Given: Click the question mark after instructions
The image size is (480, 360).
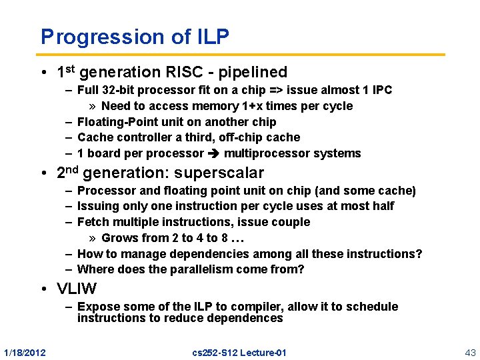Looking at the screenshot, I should (x=419, y=254).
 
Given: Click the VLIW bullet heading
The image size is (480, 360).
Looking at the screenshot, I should (x=76, y=289).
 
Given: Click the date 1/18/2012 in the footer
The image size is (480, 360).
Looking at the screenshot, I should (x=25, y=352).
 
